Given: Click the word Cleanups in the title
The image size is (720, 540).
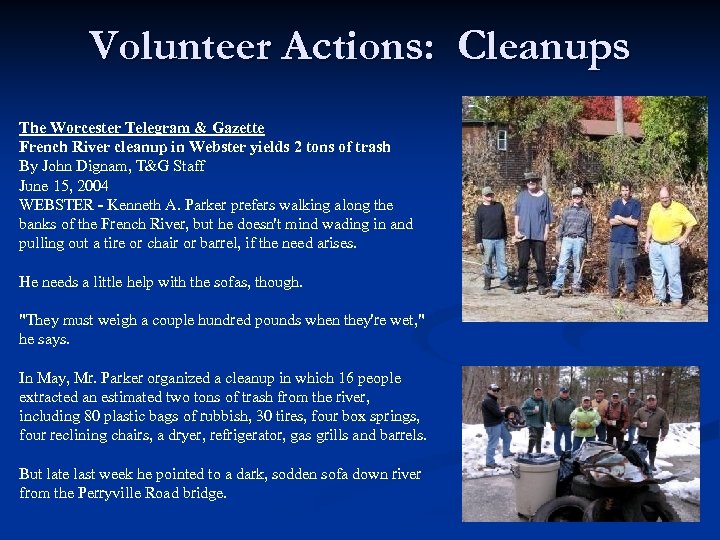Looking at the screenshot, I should pyautogui.click(x=544, y=46).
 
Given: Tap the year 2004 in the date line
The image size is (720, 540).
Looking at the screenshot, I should pyautogui.click(x=92, y=186).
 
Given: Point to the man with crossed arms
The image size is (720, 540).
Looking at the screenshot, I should pyautogui.click(x=624, y=235).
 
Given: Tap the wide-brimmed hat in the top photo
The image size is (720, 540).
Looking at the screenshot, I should pyautogui.click(x=532, y=176).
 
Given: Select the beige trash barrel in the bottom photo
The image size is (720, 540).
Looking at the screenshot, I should pyautogui.click(x=534, y=486).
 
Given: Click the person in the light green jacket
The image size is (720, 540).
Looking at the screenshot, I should pyautogui.click(x=585, y=420).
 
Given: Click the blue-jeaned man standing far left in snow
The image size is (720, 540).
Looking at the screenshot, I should pyautogui.click(x=494, y=425).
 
